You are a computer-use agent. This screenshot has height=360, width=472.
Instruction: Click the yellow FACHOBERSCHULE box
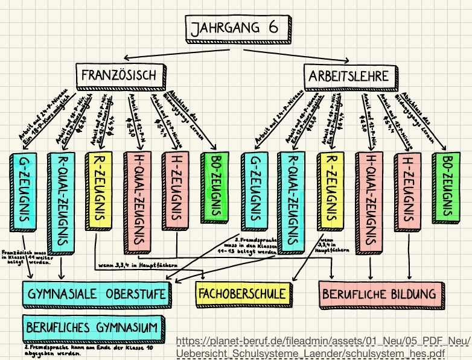pos(241,294)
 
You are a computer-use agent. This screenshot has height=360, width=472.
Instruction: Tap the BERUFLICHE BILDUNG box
pos(379,294)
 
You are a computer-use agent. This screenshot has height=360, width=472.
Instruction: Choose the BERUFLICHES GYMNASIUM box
pos(92,327)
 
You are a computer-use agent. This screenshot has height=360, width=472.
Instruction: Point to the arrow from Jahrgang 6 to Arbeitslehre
pos(302,54)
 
